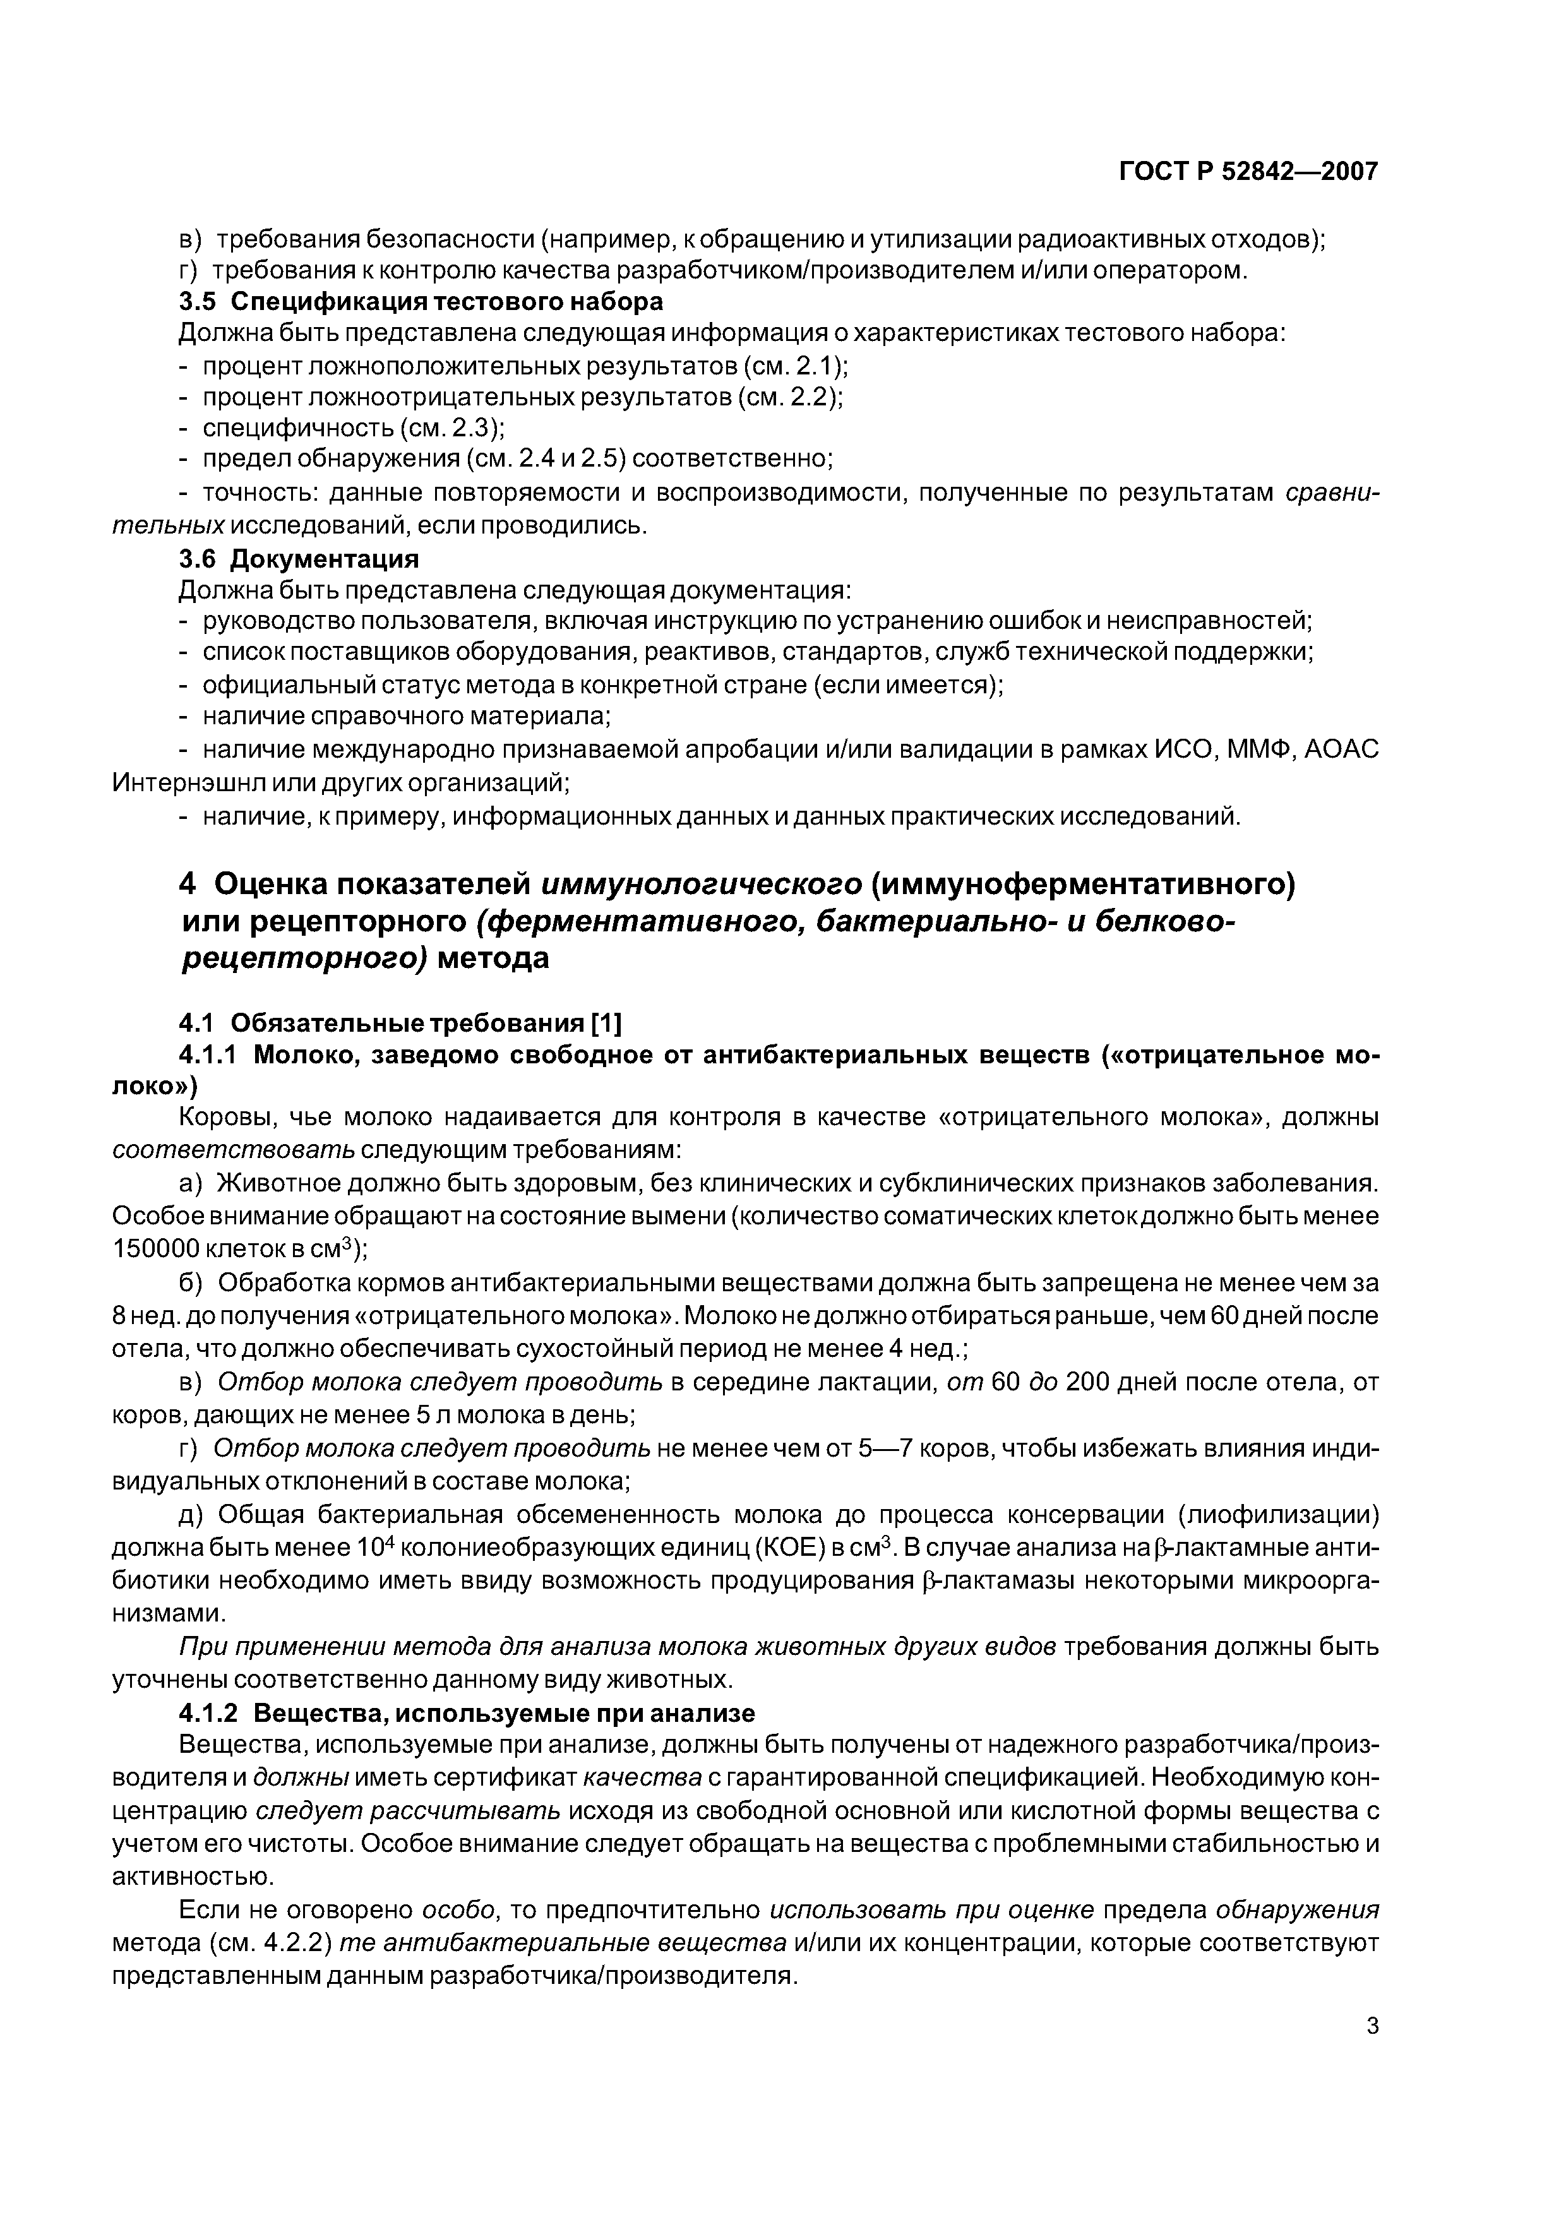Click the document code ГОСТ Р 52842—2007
[x=1248, y=172]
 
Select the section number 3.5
[x=198, y=302]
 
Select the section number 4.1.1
[x=212, y=1055]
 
